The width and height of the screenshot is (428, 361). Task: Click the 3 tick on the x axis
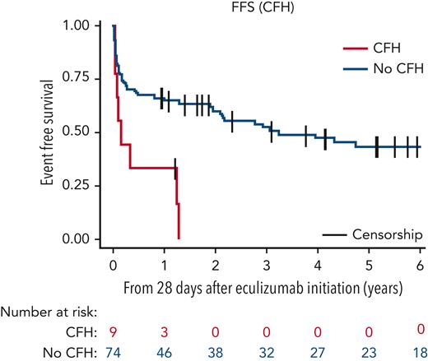267,255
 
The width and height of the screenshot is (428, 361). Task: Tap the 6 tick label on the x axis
420,255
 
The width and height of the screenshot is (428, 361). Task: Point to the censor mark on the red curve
174,167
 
